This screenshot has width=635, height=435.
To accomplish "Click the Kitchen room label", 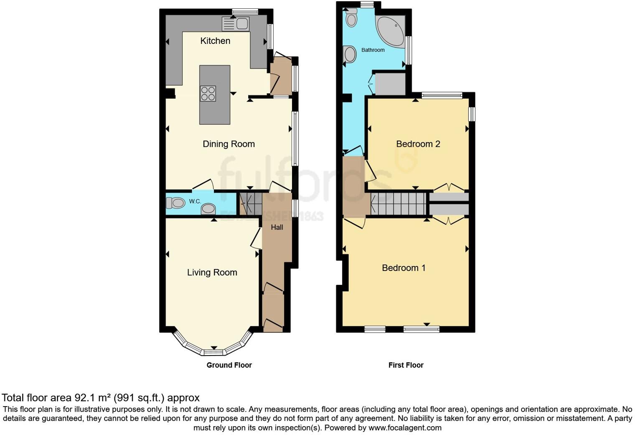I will pos(215,41).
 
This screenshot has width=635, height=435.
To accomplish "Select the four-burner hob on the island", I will pos(208,93).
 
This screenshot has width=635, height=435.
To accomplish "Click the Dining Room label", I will pos(229,144).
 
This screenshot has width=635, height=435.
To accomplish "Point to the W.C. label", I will pos(195,202).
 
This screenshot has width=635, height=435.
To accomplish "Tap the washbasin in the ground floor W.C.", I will pos(208,209).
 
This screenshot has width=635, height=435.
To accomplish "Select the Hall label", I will pos(277,227).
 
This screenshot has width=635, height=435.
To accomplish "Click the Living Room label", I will pos(212,272).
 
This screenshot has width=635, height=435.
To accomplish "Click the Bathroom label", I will pos(373,50).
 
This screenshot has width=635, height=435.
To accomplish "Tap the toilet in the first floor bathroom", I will pos(352,18).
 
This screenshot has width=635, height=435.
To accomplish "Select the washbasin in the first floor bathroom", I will pos(349,54).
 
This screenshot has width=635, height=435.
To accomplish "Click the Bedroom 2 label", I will pos(418,144).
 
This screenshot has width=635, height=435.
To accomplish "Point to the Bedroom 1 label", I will pos(404,268).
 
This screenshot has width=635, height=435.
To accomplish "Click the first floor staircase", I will pos(398,204).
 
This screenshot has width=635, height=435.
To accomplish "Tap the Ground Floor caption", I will pos(229,365).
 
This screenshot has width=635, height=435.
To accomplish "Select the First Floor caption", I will pos(406,365).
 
